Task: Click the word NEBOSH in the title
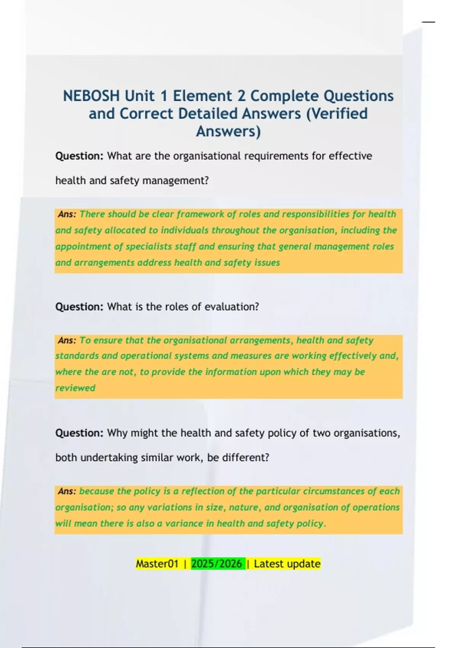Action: tap(91, 96)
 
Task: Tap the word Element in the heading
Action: tap(202, 96)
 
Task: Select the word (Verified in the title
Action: tap(337, 114)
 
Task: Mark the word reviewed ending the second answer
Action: tap(75, 388)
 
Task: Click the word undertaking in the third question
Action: tap(109, 457)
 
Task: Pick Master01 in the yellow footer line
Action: tap(157, 564)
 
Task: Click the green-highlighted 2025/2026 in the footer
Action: tap(217, 564)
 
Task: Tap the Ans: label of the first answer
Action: tap(67, 214)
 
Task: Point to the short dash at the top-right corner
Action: tap(428, 22)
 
